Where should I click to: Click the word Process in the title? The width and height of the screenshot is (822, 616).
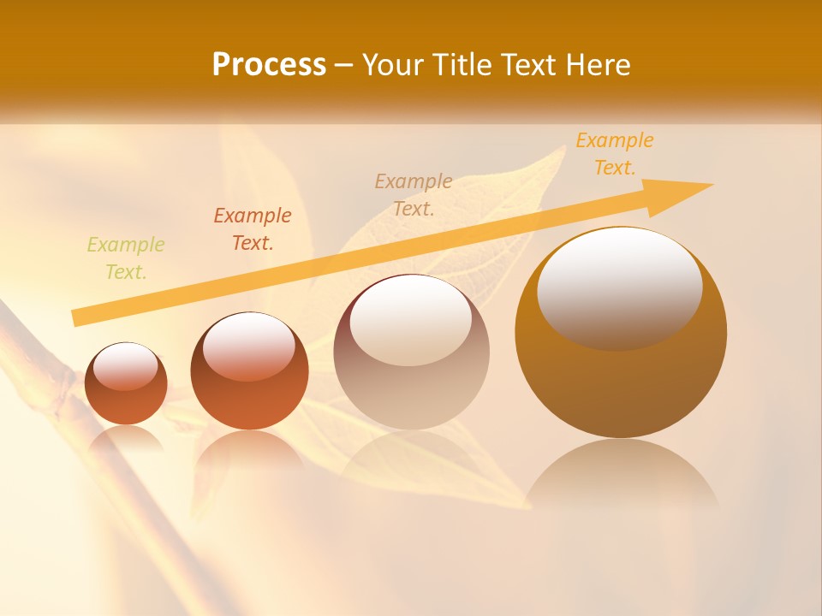(269, 65)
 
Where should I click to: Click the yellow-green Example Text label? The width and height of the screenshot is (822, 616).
(126, 258)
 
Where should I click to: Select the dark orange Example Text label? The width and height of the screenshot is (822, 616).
(253, 229)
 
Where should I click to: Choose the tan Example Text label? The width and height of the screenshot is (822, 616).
(414, 194)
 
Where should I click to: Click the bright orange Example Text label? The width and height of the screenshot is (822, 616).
(614, 154)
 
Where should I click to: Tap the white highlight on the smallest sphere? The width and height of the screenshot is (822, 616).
(126, 366)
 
